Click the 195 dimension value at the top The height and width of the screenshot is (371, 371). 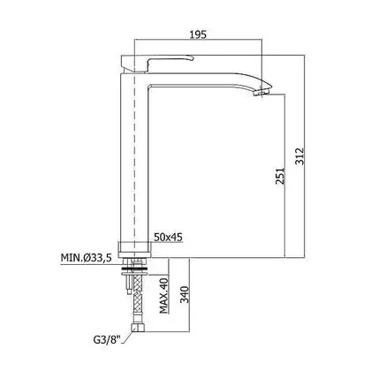[198, 34]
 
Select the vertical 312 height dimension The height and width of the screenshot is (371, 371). [299, 156]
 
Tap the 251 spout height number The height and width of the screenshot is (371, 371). [280, 176]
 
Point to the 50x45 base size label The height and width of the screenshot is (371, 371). [168, 237]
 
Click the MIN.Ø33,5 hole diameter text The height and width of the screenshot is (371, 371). [86, 258]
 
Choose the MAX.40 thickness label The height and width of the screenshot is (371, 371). [163, 295]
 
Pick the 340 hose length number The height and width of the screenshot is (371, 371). [185, 294]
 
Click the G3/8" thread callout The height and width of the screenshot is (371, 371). [107, 340]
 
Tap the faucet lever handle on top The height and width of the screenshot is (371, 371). [157, 64]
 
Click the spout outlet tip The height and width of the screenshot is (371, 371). [263, 93]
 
